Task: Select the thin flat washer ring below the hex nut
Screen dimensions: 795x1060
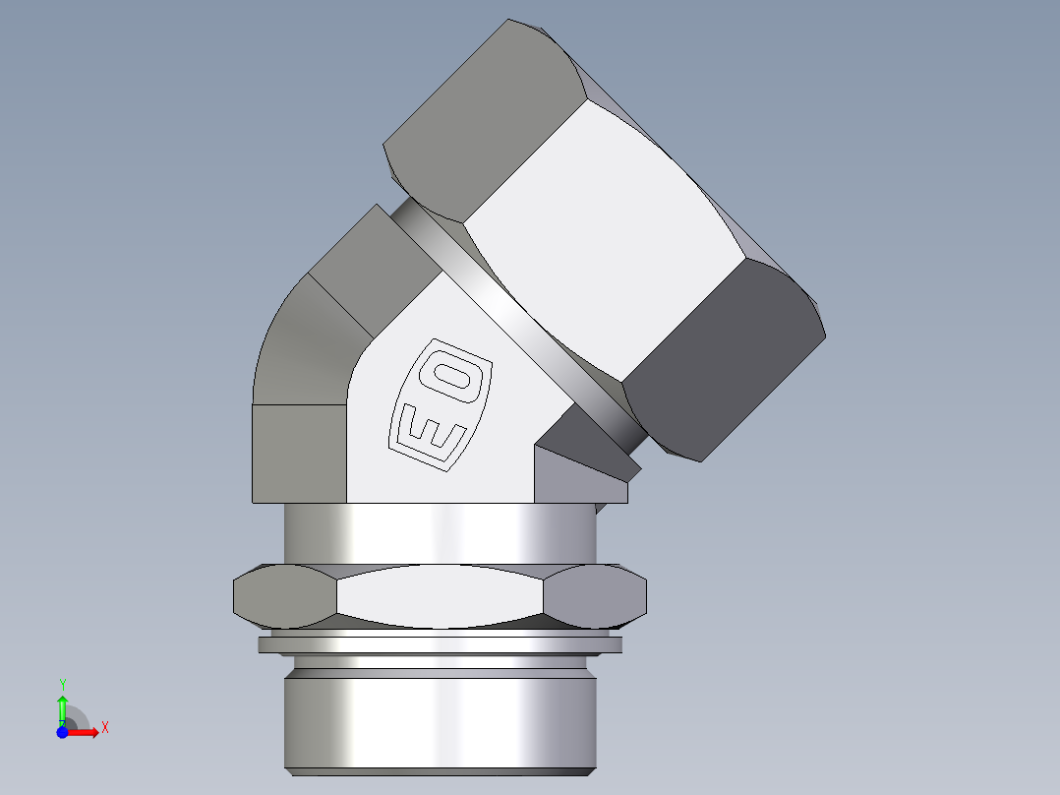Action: tap(440, 645)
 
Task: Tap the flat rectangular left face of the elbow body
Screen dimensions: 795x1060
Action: tap(299, 453)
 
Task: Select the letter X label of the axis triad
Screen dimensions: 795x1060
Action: tap(105, 727)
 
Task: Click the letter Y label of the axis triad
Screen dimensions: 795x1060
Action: tap(63, 684)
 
